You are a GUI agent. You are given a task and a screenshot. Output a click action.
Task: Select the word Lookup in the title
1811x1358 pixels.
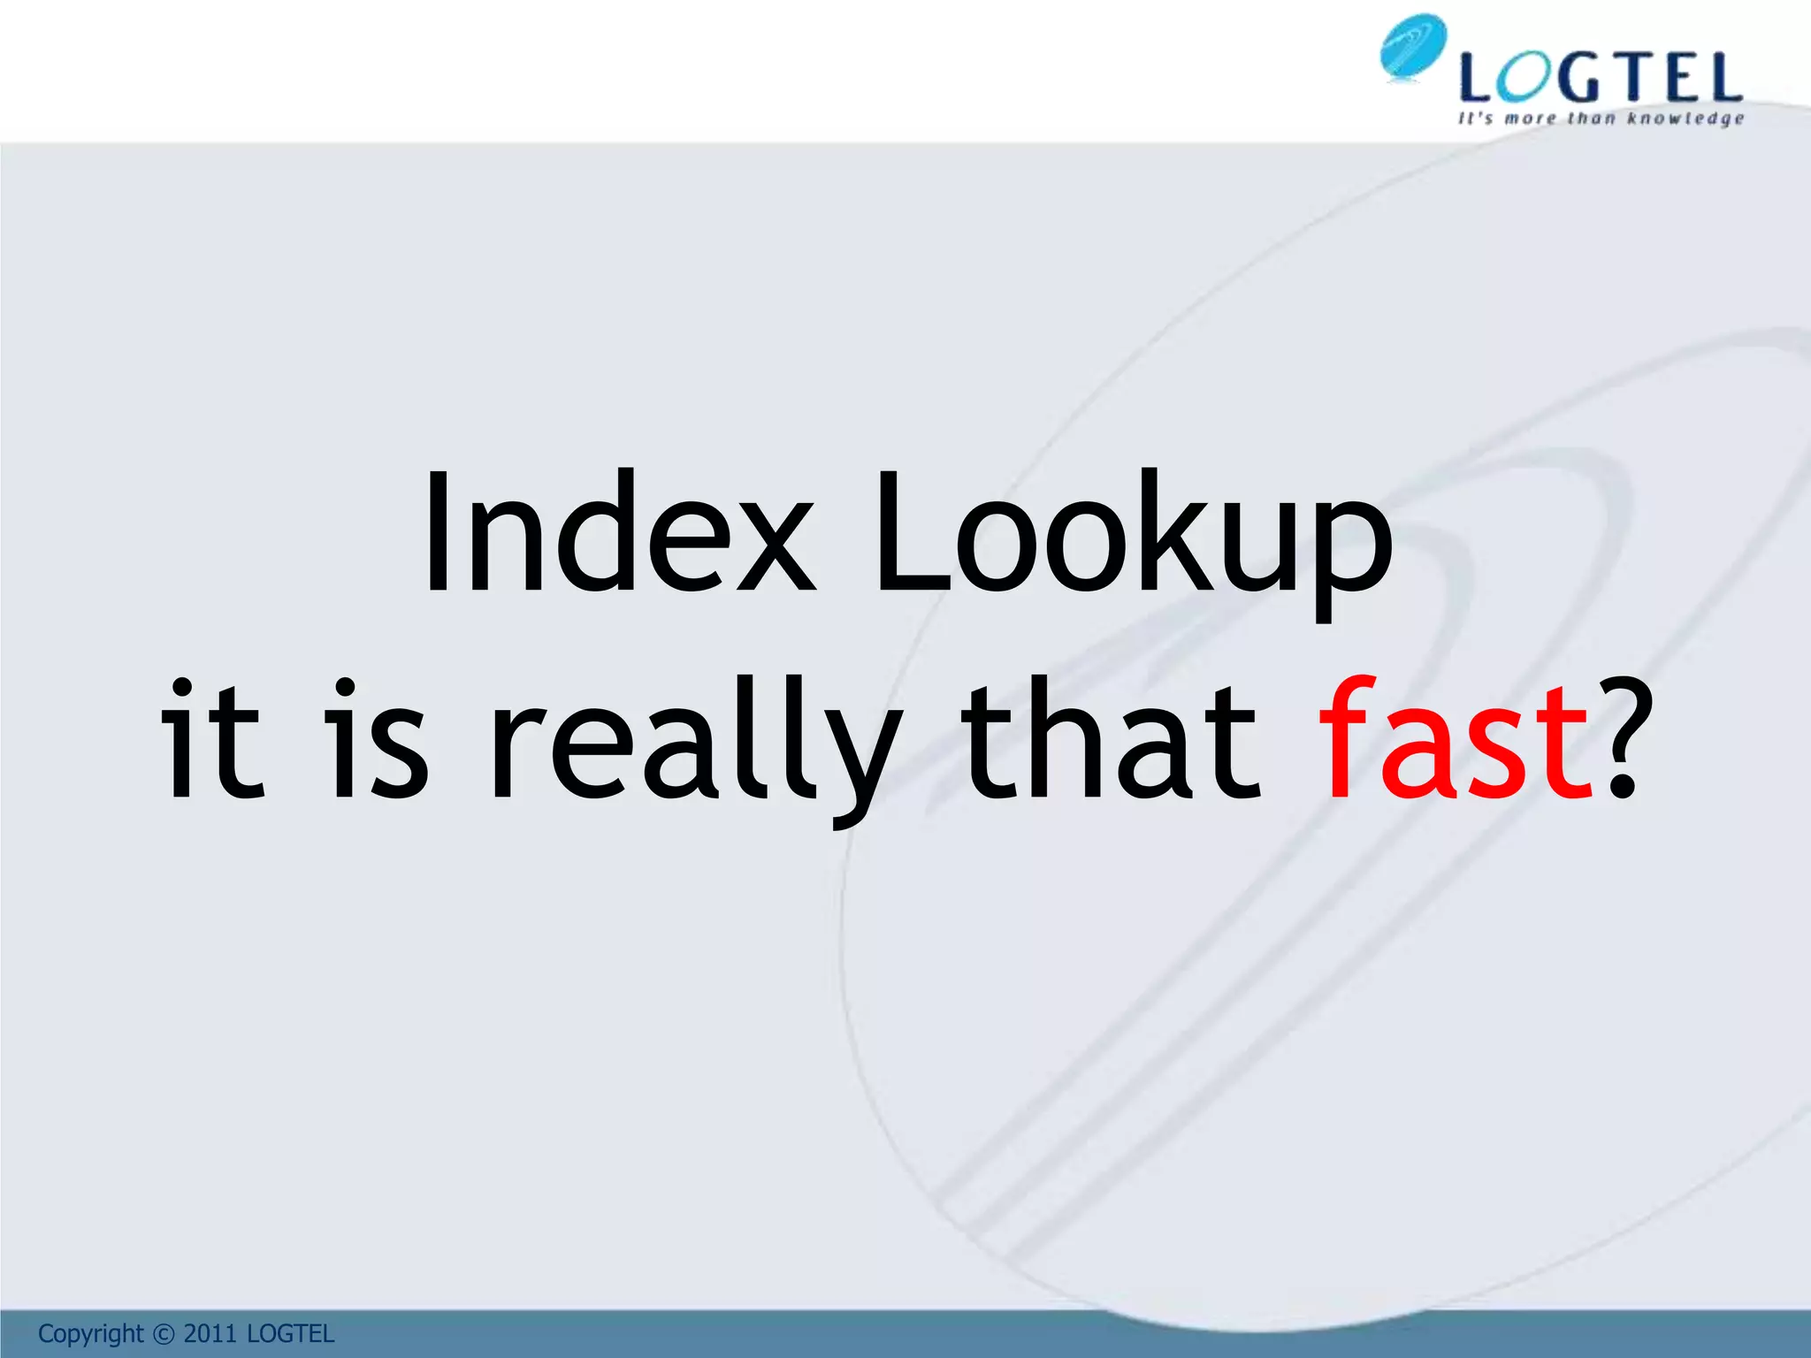[x=1132, y=539]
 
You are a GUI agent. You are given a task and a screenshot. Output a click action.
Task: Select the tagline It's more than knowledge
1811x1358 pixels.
[x=1601, y=118]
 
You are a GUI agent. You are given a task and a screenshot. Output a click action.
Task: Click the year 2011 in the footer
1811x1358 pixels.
[x=210, y=1333]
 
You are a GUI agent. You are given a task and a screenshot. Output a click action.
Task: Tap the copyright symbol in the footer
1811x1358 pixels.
[x=164, y=1333]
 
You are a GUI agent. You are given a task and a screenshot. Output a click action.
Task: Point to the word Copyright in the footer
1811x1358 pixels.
[x=90, y=1333]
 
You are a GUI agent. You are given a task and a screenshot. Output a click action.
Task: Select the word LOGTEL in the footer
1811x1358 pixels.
[x=290, y=1333]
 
